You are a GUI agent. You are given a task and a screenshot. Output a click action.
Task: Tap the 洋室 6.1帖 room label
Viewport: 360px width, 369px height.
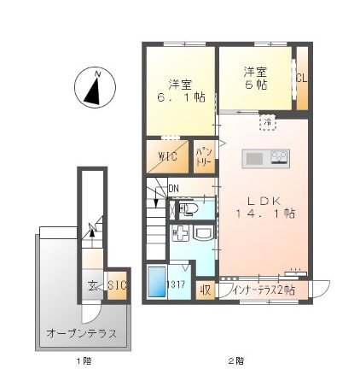179,91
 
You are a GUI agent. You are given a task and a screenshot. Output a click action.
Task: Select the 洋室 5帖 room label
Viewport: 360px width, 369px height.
254,79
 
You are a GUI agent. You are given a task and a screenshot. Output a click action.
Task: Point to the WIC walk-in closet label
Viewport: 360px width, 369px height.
168,156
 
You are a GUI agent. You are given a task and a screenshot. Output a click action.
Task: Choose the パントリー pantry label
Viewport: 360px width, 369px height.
203,154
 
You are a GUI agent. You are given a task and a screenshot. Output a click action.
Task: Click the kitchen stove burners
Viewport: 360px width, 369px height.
280,157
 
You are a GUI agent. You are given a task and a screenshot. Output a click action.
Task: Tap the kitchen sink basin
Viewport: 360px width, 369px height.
254,157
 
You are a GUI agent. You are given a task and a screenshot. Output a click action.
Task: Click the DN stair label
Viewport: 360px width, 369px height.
173,189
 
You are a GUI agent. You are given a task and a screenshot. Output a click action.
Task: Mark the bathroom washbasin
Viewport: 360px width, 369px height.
202,233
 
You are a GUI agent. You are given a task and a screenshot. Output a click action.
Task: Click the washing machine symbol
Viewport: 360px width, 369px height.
180,235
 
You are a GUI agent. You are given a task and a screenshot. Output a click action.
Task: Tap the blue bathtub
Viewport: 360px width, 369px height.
156,281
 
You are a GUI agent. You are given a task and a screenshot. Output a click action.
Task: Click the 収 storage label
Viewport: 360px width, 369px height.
206,290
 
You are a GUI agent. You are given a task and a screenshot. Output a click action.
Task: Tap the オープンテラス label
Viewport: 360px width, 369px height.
82,332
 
